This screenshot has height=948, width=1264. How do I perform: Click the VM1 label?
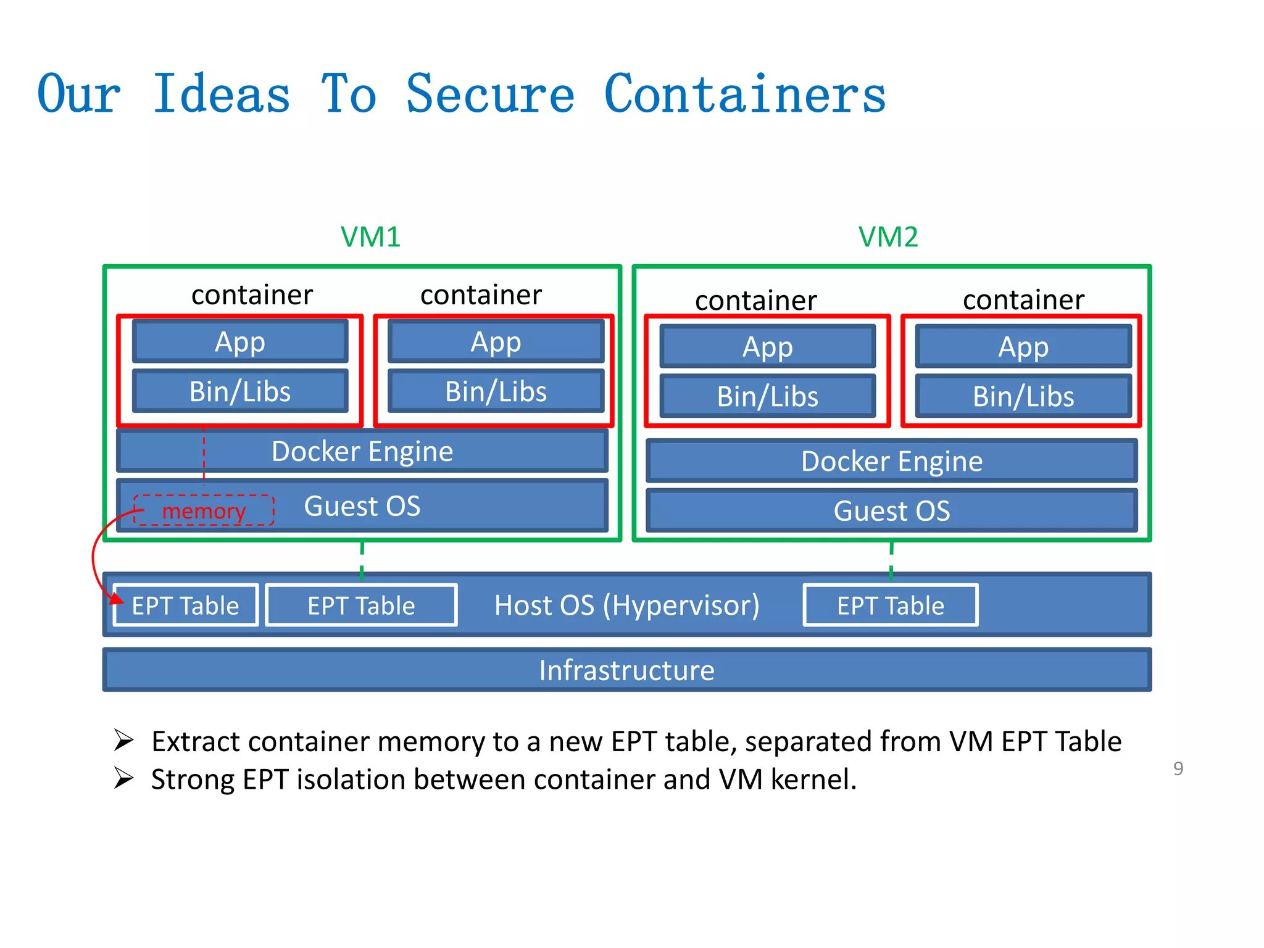(370, 237)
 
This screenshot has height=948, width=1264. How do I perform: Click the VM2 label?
(888, 237)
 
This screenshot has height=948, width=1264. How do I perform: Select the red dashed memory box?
(204, 510)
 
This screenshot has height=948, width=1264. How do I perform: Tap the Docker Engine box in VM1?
(362, 451)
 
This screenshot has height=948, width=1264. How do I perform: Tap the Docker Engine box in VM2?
(891, 461)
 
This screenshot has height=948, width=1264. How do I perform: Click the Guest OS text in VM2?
(891, 511)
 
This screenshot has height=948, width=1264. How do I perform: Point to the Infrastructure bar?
(626, 670)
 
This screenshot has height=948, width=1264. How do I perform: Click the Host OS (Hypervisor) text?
(626, 605)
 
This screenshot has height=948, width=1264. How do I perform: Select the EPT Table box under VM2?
(890, 605)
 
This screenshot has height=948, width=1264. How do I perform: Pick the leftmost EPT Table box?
(185, 605)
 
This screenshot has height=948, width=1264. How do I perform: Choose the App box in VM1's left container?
(240, 341)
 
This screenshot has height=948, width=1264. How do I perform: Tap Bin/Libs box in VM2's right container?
(1023, 396)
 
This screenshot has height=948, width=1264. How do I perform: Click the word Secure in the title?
(490, 94)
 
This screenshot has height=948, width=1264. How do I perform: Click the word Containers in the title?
(744, 94)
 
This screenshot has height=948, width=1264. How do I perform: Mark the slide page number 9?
(1178, 768)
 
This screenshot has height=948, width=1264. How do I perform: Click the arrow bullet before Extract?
(123, 740)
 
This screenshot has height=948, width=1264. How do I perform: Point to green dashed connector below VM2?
(891, 560)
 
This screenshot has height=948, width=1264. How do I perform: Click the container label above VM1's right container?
(481, 294)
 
